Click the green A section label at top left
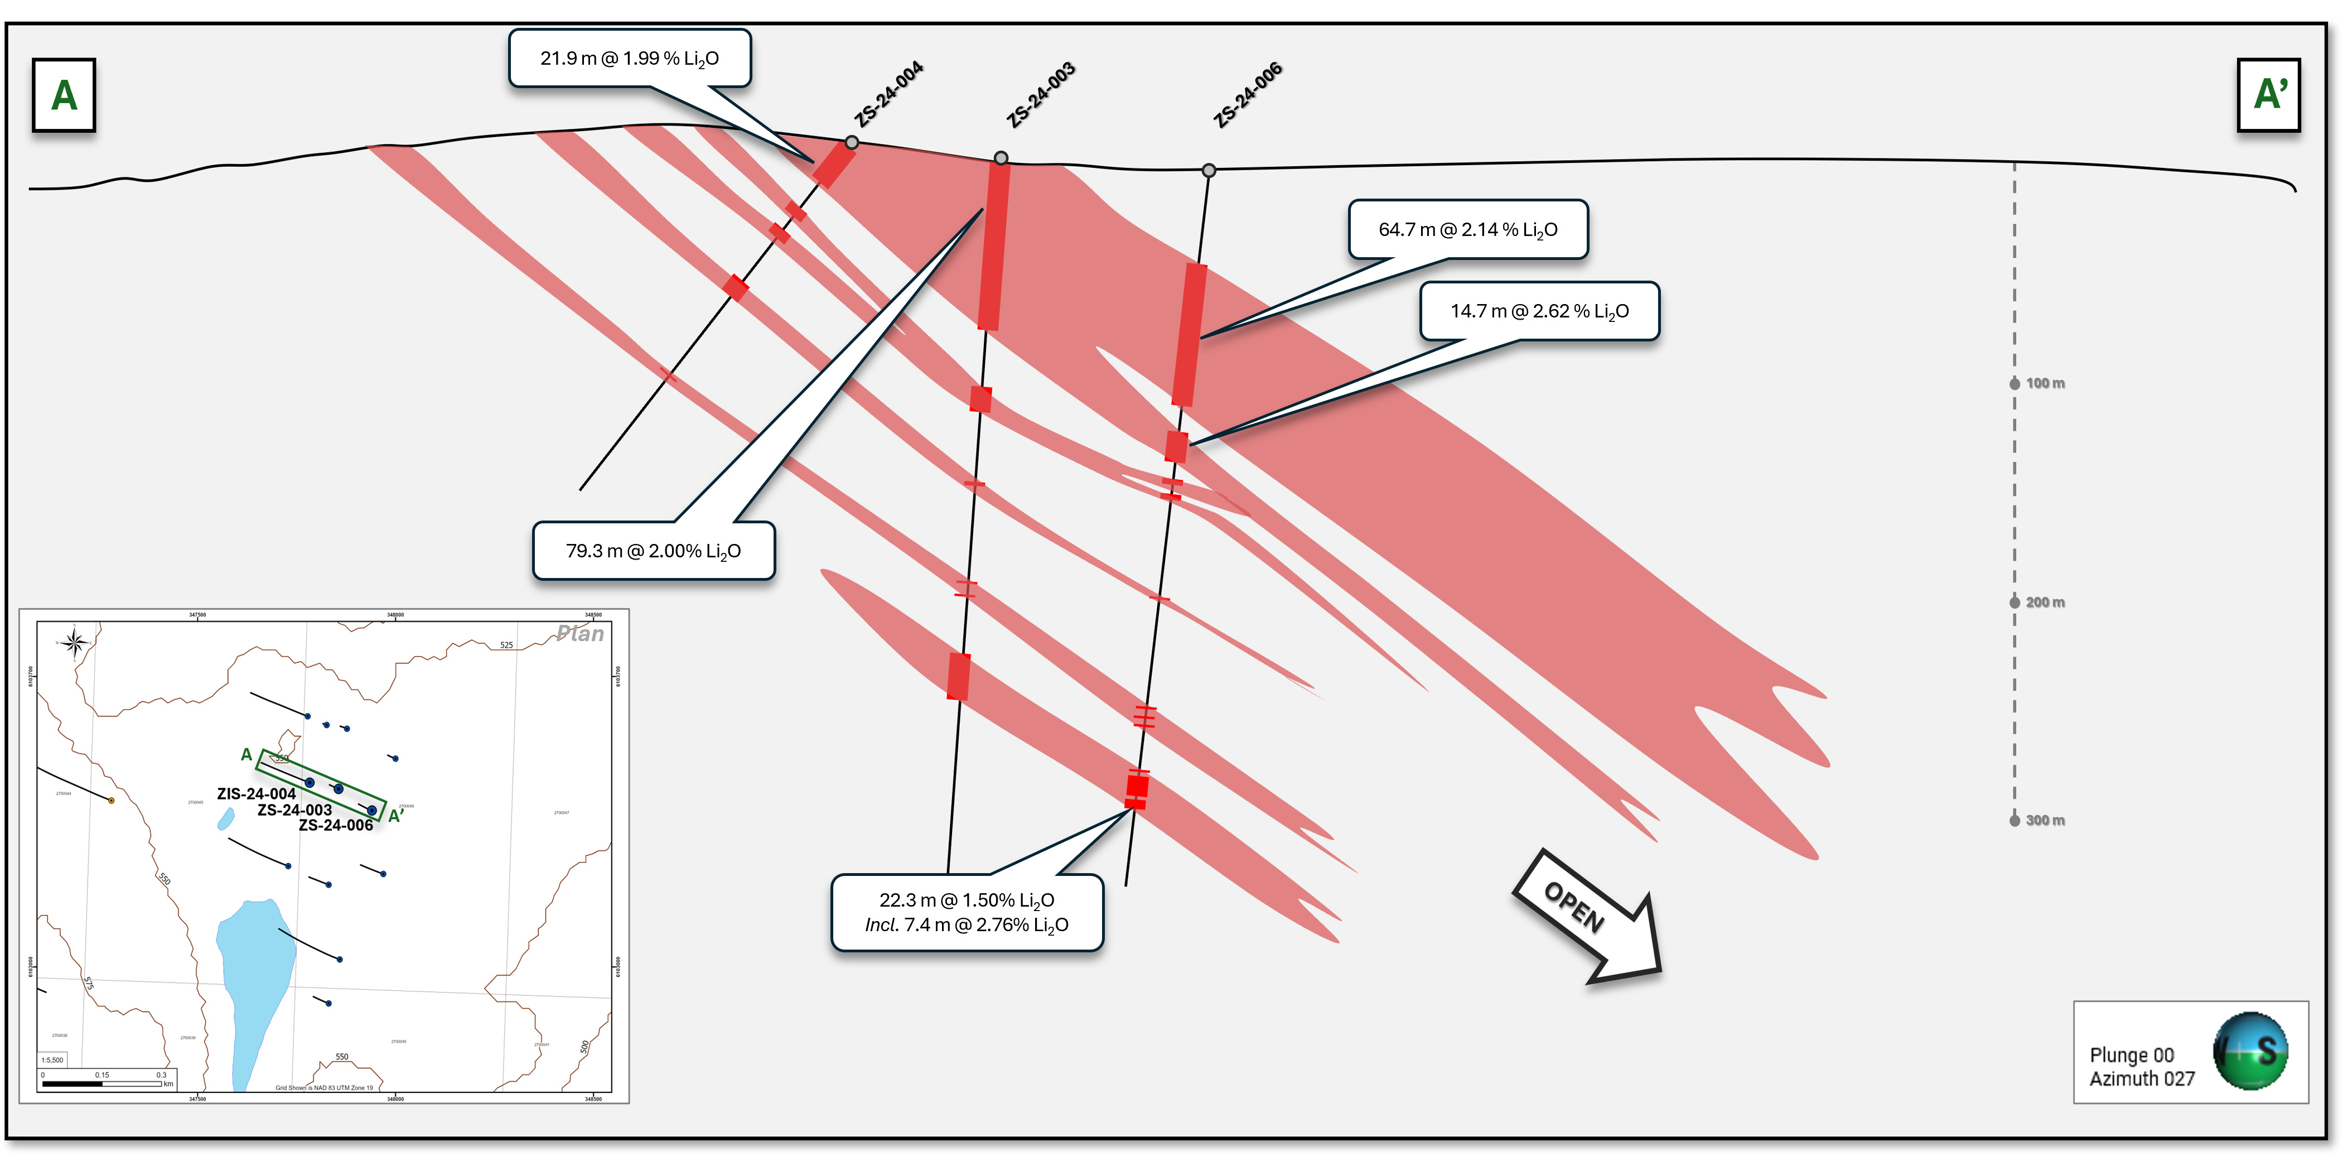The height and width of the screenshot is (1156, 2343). tap(64, 95)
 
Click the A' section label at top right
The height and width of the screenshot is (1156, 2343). tap(2268, 95)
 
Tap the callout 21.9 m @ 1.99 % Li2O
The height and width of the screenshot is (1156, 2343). tap(630, 58)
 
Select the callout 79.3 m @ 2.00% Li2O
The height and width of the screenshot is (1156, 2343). tap(653, 551)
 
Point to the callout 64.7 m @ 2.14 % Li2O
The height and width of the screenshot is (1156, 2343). tap(1468, 229)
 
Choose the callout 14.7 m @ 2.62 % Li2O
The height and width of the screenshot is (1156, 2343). tap(1539, 311)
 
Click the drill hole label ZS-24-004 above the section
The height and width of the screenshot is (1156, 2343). tap(888, 94)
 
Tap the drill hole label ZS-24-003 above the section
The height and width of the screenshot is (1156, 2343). tap(1041, 95)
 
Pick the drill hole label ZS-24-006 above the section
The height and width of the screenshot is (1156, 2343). tap(1248, 95)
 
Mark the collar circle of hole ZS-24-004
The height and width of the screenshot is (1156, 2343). tap(851, 143)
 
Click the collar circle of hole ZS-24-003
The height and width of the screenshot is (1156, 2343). tap(1001, 158)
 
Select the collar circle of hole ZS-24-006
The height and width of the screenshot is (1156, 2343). tap(1209, 171)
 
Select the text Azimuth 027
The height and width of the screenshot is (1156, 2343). tap(2142, 1078)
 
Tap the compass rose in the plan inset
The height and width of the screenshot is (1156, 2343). tap(75, 644)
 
